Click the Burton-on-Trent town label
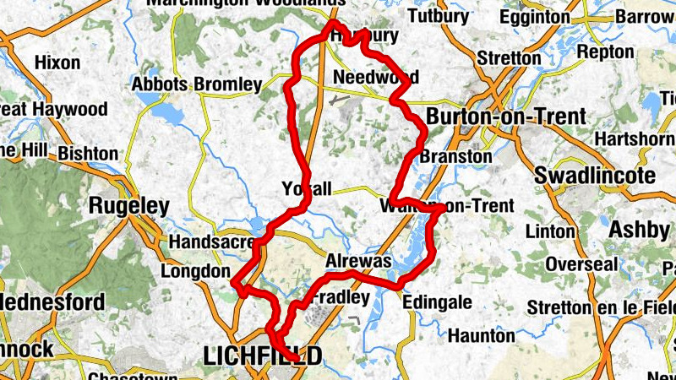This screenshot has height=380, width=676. click(x=506, y=117)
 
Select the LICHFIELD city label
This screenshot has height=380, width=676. click(x=263, y=357)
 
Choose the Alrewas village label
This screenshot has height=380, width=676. click(x=359, y=262)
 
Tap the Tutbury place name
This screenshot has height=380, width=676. click(x=438, y=16)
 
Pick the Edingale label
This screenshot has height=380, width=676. click(x=437, y=301)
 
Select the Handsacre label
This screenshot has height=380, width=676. click(x=211, y=242)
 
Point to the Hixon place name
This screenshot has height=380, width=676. click(x=57, y=62)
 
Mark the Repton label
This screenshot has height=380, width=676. click(x=605, y=52)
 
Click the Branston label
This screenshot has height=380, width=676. click(x=455, y=156)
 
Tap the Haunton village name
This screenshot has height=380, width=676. click(x=480, y=335)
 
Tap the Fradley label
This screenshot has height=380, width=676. click(x=341, y=298)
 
